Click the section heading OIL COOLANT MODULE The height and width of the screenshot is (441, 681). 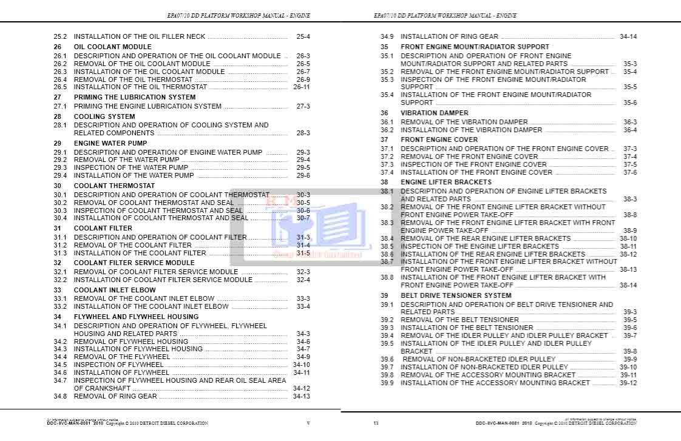(x=113, y=47)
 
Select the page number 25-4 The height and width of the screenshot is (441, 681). (x=303, y=37)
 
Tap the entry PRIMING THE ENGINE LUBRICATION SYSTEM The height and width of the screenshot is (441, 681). (x=147, y=106)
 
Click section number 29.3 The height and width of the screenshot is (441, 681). (x=59, y=168)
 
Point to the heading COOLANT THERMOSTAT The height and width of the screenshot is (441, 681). (x=114, y=186)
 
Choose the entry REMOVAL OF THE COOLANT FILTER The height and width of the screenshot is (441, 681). (x=132, y=246)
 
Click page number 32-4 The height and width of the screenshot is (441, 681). (x=303, y=280)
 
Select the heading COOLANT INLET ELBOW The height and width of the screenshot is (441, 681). (x=115, y=291)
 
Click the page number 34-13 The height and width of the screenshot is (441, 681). (x=301, y=397)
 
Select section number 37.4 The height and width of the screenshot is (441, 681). (x=387, y=173)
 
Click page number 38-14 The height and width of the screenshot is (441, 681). (x=628, y=285)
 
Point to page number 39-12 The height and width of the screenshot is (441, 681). (x=628, y=383)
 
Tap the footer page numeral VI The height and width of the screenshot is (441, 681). (x=376, y=423)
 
